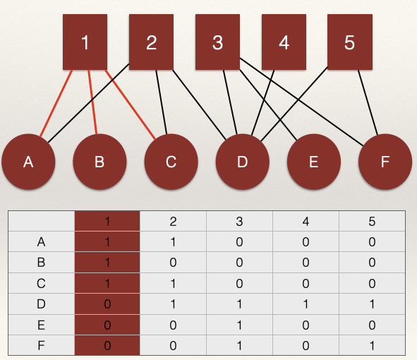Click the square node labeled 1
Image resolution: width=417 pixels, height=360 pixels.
[85, 42]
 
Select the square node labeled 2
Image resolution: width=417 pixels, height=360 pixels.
[151, 42]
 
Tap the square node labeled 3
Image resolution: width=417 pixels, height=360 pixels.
[217, 42]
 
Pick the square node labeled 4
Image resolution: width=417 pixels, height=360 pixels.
[284, 42]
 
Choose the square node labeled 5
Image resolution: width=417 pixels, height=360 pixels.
[350, 42]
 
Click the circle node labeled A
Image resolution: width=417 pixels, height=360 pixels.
[28, 162]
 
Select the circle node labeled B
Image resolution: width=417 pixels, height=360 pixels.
[99, 162]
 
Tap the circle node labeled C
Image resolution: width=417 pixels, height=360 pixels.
[171, 162]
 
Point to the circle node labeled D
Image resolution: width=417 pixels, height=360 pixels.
[243, 162]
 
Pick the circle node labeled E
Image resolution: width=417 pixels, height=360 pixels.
[314, 162]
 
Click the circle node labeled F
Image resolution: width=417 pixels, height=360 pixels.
[385, 162]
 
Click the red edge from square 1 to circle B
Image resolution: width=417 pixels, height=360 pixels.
[92, 102]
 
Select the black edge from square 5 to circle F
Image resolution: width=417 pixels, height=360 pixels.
[368, 102]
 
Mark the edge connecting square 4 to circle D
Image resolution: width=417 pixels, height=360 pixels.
[262, 102]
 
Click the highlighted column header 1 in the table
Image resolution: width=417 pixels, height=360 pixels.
[107, 222]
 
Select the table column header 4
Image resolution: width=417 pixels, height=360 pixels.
[306, 222]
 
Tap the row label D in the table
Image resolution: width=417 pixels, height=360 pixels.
[41, 304]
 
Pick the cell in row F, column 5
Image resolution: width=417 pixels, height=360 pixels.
[372, 345]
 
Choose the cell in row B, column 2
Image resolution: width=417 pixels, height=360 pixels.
[173, 263]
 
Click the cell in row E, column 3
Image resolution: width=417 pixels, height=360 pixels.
[239, 325]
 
